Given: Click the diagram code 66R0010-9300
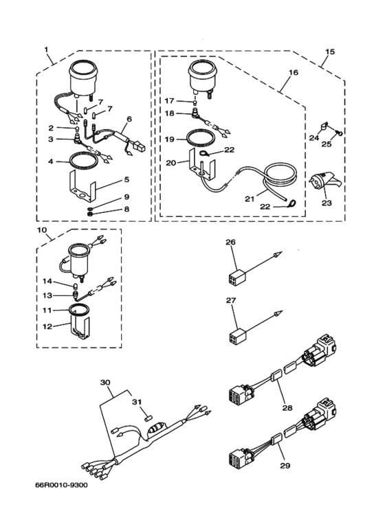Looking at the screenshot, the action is pyautogui.click(x=61, y=485).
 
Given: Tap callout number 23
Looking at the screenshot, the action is pyautogui.click(x=327, y=203).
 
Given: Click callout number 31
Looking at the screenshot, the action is pyautogui.click(x=136, y=402).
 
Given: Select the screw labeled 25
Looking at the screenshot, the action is pyautogui.click(x=338, y=133).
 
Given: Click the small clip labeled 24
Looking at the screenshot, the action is pyautogui.click(x=323, y=127).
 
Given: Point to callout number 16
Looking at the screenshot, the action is pyautogui.click(x=294, y=72).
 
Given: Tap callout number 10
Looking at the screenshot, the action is pyautogui.click(x=42, y=231).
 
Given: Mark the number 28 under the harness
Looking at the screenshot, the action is pyautogui.click(x=287, y=408).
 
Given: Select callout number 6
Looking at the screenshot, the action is pyautogui.click(x=129, y=119).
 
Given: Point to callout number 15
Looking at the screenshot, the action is pyautogui.click(x=330, y=52).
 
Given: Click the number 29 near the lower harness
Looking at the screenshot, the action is pyautogui.click(x=285, y=466).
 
